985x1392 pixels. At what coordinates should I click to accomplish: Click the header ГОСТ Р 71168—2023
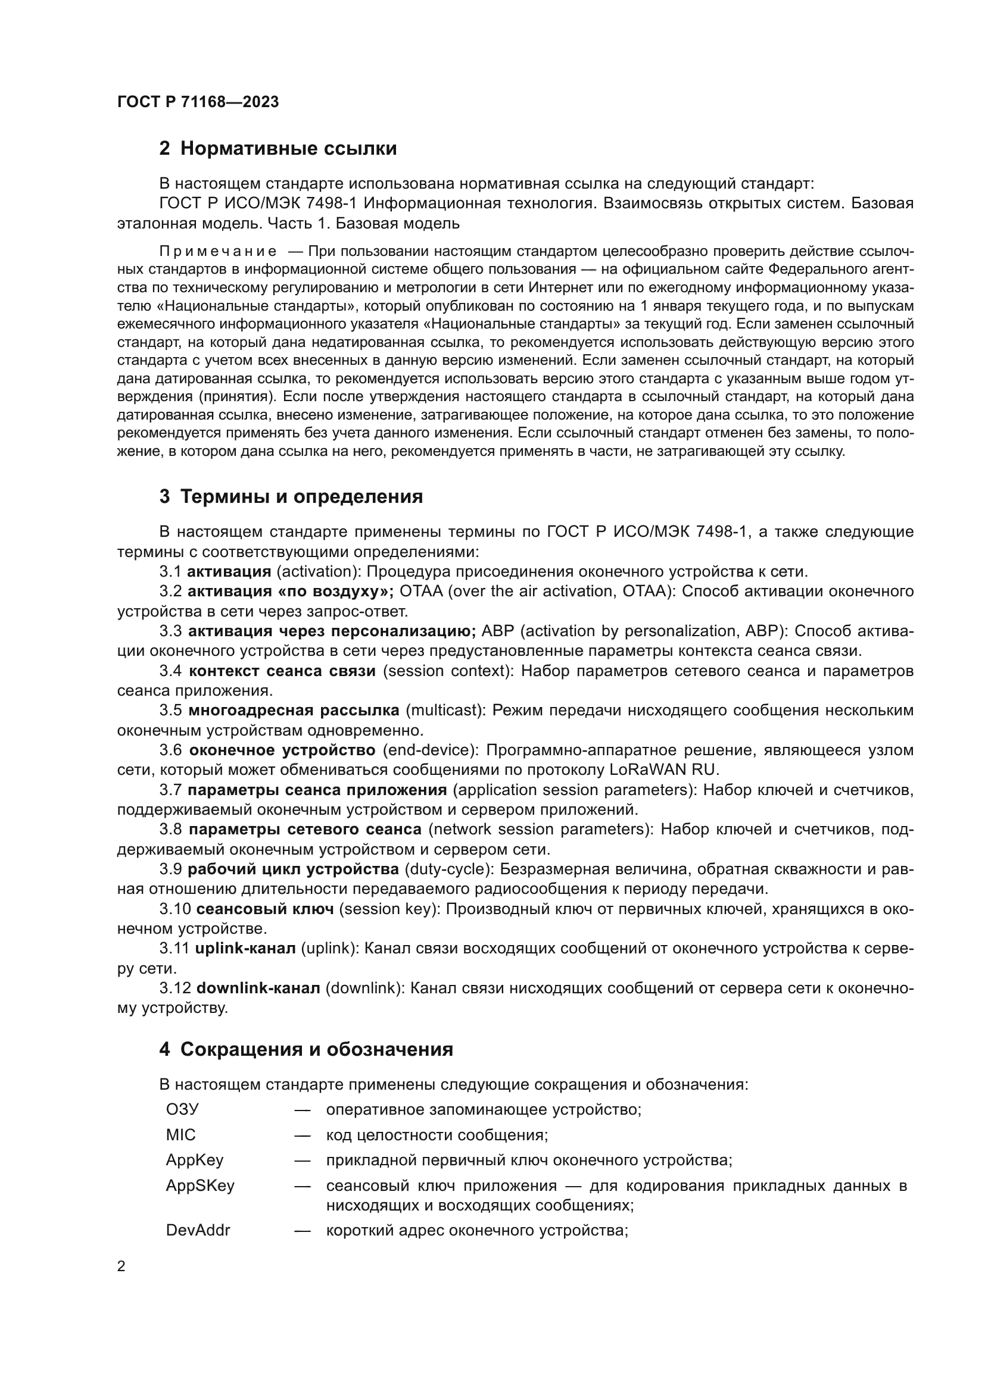198,102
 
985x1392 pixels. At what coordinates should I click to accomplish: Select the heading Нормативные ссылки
288,148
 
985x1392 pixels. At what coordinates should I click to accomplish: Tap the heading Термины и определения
301,496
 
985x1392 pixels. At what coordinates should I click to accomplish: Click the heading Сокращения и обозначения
316,1049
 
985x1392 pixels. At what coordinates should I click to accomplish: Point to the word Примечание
218,251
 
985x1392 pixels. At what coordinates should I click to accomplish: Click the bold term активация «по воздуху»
291,590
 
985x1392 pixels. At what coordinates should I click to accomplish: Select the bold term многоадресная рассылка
294,710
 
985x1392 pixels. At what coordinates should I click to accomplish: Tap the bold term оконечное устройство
282,750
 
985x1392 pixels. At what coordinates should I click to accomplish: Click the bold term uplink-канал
245,947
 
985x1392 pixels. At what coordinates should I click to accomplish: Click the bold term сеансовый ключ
265,908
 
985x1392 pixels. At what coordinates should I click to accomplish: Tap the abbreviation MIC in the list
181,1134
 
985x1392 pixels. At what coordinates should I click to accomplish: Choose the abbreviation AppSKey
200,1185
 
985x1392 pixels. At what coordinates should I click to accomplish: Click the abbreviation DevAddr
198,1230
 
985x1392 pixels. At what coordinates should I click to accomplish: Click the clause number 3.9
170,869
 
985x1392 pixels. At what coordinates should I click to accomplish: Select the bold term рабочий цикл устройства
293,869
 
